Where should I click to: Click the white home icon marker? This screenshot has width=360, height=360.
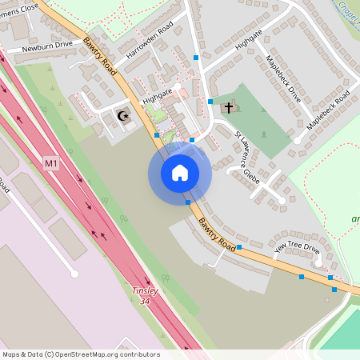pyautogui.click(x=180, y=173)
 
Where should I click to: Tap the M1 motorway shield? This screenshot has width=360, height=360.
pyautogui.click(x=51, y=164)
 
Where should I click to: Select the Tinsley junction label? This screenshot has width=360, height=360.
pyautogui.click(x=145, y=291)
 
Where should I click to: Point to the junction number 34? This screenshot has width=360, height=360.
pyautogui.click(x=145, y=301)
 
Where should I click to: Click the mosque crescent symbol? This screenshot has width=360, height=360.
pyautogui.click(x=122, y=116)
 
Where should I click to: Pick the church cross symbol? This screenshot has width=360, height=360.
pyautogui.click(x=229, y=106)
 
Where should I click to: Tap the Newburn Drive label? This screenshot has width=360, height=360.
pyautogui.click(x=47, y=47)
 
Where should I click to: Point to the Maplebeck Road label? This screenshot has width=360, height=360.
pyautogui.click(x=328, y=111)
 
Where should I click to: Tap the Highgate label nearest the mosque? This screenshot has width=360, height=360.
pyautogui.click(x=158, y=97)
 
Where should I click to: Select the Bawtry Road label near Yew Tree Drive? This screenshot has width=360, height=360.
pyautogui.click(x=217, y=233)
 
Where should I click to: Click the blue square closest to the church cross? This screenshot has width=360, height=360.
pyautogui.click(x=210, y=102)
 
